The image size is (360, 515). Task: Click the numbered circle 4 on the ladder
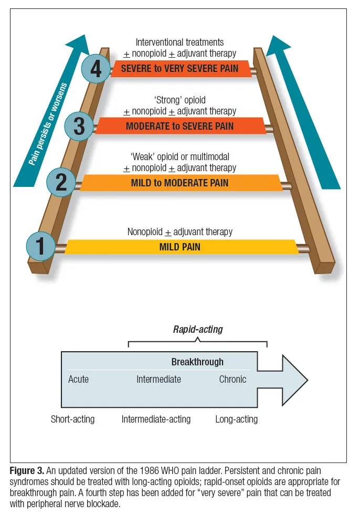(x=96, y=68)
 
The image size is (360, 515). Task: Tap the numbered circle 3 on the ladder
(x=79, y=127)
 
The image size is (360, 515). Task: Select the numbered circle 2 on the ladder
(x=61, y=182)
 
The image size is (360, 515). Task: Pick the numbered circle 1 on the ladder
(x=40, y=246)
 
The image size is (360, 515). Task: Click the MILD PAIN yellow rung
(x=180, y=246)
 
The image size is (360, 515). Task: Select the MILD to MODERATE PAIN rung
(x=180, y=183)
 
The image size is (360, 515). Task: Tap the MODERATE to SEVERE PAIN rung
(x=180, y=126)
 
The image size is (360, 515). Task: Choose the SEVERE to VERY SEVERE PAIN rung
(x=180, y=68)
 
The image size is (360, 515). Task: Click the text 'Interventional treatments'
(x=179, y=42)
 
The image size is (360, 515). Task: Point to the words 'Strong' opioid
(x=179, y=100)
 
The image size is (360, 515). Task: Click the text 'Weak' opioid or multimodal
(x=179, y=156)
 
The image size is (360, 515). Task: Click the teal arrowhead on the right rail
(x=280, y=47)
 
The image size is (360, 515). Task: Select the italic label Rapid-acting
(x=198, y=329)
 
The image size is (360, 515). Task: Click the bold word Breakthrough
(x=197, y=362)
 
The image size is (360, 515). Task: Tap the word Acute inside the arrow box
(x=78, y=379)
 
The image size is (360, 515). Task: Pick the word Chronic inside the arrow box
(x=232, y=379)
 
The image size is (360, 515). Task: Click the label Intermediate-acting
(x=156, y=419)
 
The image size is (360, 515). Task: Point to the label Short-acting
(x=72, y=419)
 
